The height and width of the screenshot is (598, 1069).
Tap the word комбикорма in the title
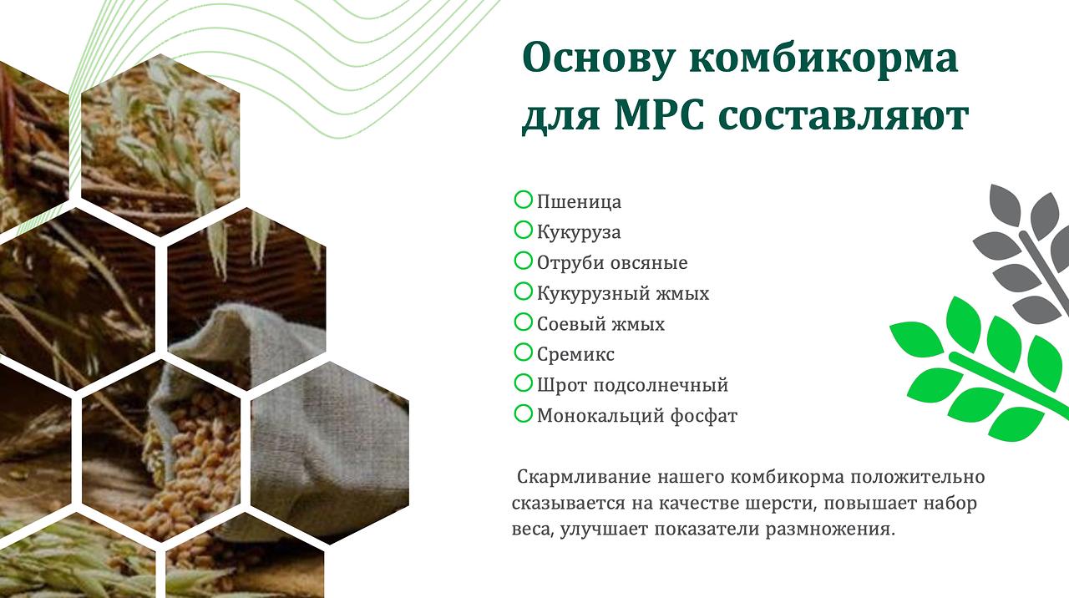click(823, 58)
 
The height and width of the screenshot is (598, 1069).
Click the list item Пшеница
click(579, 202)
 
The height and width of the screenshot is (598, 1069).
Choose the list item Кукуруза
click(579, 232)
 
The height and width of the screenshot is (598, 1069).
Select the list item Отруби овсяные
click(612, 263)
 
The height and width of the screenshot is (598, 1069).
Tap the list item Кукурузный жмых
click(623, 293)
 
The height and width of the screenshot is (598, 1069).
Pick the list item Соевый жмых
click(600, 324)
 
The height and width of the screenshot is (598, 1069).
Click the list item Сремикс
click(575, 355)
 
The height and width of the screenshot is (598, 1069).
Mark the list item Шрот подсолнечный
click(633, 385)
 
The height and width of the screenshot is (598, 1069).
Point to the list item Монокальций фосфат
click(637, 416)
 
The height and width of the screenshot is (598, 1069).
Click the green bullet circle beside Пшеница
click(523, 200)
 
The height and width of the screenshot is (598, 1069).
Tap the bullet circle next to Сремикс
click(523, 352)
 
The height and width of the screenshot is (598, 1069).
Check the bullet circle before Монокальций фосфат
click(523, 413)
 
